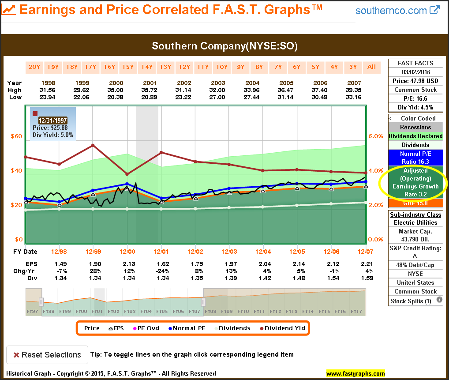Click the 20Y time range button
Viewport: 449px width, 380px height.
tap(34, 67)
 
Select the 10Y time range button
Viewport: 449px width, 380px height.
tap(222, 67)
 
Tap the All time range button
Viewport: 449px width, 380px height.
tap(372, 67)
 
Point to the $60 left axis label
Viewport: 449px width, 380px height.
tap(16, 136)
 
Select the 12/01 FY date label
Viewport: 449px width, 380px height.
tap(161, 252)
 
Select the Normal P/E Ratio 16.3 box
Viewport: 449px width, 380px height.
tap(415, 158)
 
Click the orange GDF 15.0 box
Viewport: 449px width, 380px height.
tap(415, 203)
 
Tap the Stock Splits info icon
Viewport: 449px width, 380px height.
tap(439, 301)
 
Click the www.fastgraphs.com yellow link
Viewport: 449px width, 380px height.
tap(355, 374)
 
